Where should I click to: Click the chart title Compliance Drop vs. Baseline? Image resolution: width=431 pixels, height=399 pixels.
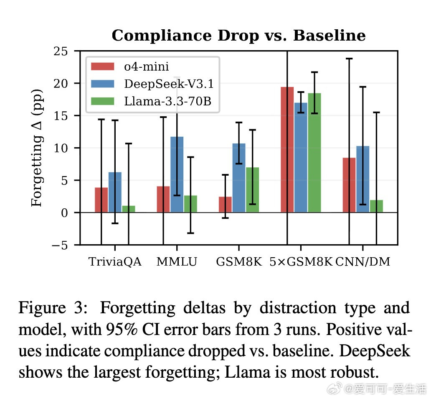click(238, 36)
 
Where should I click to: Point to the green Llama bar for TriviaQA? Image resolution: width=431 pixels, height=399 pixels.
click(128, 209)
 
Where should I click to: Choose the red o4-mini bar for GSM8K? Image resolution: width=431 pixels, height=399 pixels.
click(225, 205)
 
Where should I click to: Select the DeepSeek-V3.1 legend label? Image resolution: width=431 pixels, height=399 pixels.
click(169, 84)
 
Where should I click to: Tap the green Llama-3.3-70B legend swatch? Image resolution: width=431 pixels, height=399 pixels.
click(103, 101)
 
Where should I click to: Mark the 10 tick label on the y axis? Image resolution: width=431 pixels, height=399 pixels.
click(61, 148)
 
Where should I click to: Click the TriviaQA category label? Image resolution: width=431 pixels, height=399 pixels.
click(115, 263)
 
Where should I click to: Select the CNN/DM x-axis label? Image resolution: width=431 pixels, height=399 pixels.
click(363, 263)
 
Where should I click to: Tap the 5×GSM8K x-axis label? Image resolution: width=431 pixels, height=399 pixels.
click(300, 263)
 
